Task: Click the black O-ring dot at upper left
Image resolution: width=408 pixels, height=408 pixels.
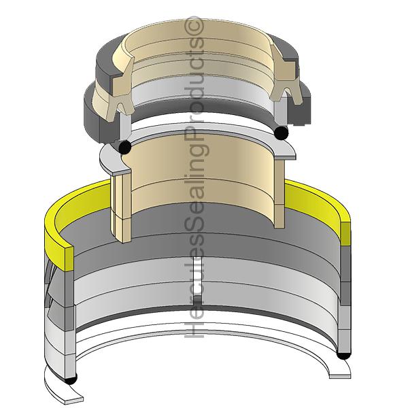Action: (124, 147)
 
